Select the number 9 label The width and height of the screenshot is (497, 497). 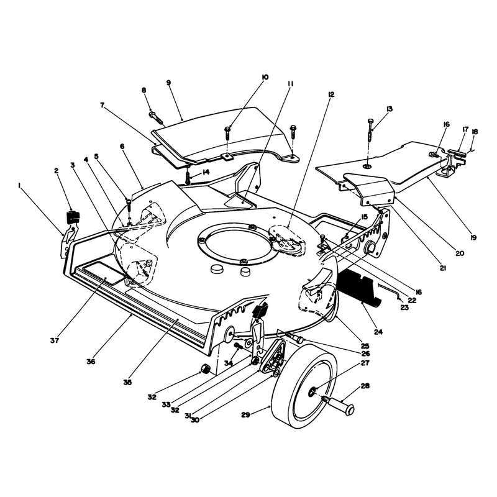(168, 83)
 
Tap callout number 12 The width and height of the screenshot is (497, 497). (331, 95)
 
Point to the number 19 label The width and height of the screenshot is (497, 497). (473, 237)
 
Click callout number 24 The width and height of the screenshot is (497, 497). (378, 332)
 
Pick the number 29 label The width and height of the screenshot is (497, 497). (245, 414)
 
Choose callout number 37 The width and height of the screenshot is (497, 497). (55, 340)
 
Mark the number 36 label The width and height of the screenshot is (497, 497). (91, 362)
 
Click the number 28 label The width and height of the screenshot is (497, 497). (365, 386)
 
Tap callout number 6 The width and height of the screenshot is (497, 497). (122, 147)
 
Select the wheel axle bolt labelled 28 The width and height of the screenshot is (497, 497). (338, 404)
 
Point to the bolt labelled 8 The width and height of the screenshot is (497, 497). (157, 117)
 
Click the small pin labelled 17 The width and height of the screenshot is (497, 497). (459, 153)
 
